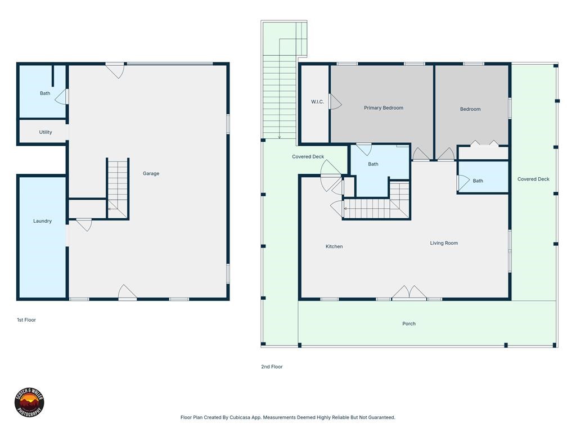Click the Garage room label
point(151,174)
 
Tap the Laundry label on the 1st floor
point(42,221)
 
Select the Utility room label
point(46,132)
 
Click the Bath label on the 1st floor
point(45,93)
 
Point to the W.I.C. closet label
point(317,102)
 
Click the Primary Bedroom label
point(383,108)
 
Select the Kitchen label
point(334,246)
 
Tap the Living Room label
point(444,243)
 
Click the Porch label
point(409,323)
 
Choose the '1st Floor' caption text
point(26,320)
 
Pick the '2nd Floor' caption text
point(272,367)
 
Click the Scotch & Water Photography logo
point(29,403)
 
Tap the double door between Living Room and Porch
point(409,293)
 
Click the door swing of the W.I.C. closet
point(335,102)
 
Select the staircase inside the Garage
point(118,188)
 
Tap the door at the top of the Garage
point(115,70)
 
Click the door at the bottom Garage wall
point(127,292)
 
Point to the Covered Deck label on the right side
point(533,179)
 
